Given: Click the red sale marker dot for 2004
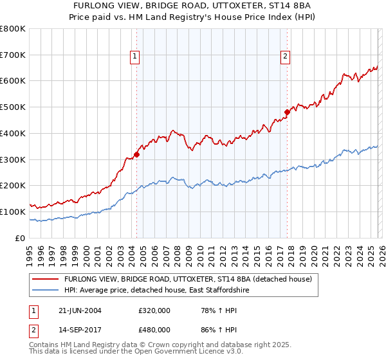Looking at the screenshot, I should [136, 154].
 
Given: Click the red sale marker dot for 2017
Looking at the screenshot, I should [287, 113].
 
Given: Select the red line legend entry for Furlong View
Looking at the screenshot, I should [188, 279].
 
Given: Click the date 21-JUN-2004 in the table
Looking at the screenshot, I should [80, 310].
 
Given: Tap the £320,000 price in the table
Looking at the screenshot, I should [154, 310].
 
